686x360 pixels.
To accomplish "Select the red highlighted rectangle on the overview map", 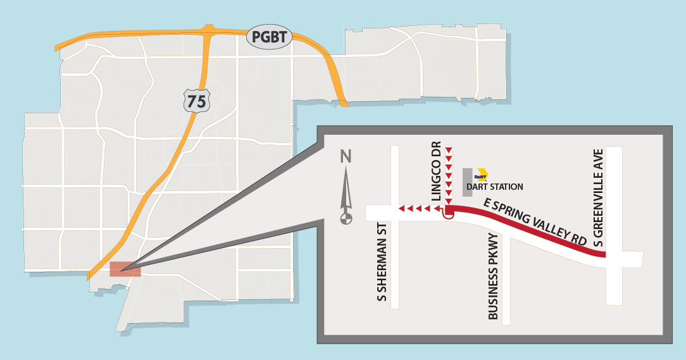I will tap(125, 269).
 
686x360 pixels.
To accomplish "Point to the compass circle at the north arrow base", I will tap(346, 219).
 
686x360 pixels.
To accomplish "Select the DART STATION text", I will tap(494, 187).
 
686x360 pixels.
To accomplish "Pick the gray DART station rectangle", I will tap(467, 182).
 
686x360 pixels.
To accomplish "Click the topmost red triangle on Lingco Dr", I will tap(449, 150).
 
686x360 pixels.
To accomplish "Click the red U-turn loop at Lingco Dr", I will tap(449, 214).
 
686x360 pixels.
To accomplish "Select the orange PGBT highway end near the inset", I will tap(344, 102).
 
